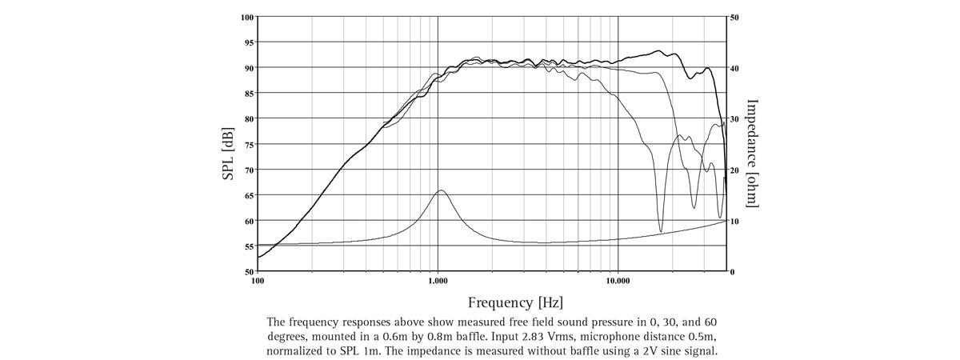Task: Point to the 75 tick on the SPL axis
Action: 248,145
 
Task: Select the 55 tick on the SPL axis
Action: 248,247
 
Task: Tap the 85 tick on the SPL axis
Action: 248,94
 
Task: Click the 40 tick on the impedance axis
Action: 735,68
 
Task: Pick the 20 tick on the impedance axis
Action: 735,170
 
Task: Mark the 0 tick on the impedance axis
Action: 733,272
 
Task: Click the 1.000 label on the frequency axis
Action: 438,282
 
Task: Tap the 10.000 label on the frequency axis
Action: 618,282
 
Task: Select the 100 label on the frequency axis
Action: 258,282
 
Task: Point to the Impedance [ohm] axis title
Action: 752,152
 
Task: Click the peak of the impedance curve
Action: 440,190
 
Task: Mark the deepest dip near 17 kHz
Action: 661,231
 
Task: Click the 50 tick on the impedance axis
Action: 735,17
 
